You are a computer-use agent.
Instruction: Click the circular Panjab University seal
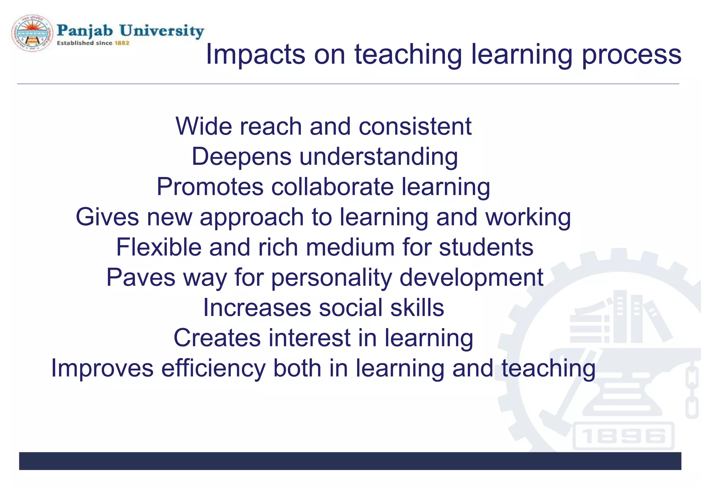click(x=33, y=33)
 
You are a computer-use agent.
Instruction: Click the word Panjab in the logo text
click(x=85, y=31)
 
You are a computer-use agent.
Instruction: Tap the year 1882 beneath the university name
click(x=122, y=43)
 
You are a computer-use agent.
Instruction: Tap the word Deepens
click(x=241, y=156)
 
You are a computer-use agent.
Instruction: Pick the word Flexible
click(x=158, y=247)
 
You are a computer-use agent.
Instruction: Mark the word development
click(x=471, y=277)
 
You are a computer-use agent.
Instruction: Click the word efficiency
click(x=213, y=368)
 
